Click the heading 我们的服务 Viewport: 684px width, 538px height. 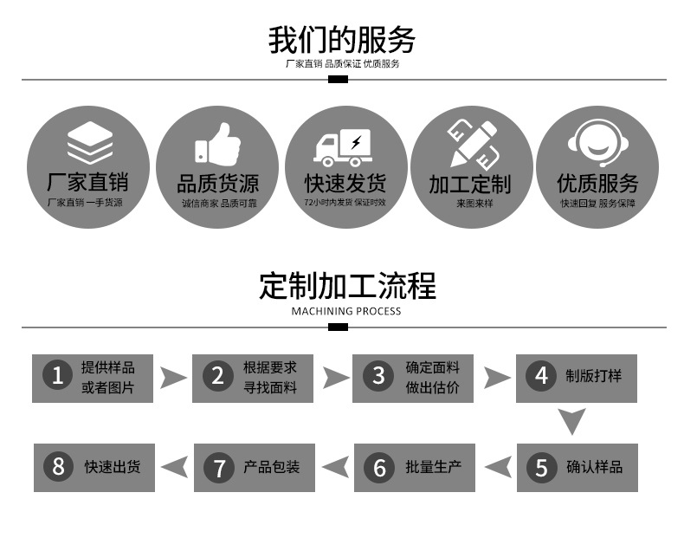pyautogui.click(x=342, y=40)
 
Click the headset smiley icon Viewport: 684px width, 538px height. pyautogui.click(x=597, y=144)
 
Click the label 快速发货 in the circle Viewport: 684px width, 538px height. pyautogui.click(x=344, y=184)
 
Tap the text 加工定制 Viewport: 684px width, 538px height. pyautogui.click(x=470, y=185)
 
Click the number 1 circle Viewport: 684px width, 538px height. pyautogui.click(x=58, y=376)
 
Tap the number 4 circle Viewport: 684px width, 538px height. pyautogui.click(x=542, y=376)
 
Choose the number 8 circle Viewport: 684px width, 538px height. pyautogui.click(x=58, y=467)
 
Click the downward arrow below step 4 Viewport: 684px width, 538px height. pyautogui.click(x=571, y=421)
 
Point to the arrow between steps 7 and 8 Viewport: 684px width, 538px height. pyautogui.click(x=174, y=467)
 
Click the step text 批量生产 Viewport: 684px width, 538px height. pyautogui.click(x=434, y=467)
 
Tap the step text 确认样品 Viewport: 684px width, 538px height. pyautogui.click(x=595, y=467)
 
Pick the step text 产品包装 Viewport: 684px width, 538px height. pyautogui.click(x=272, y=467)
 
